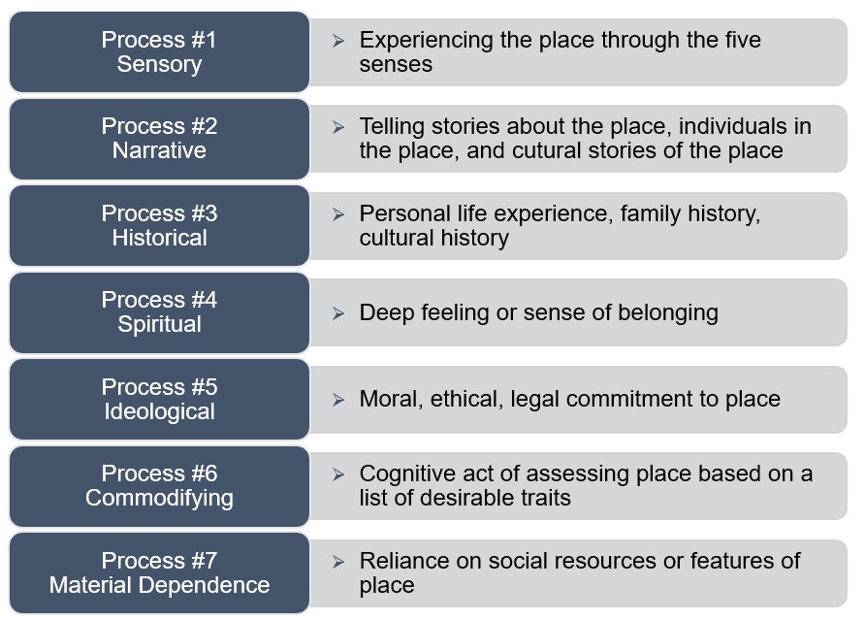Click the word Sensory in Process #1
pyautogui.click(x=159, y=65)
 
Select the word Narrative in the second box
pyautogui.click(x=159, y=150)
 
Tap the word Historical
pyautogui.click(x=159, y=238)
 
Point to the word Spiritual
pyautogui.click(x=159, y=324)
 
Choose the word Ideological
pyautogui.click(x=159, y=411)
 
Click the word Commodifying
pyautogui.click(x=159, y=498)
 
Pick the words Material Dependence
pyautogui.click(x=159, y=585)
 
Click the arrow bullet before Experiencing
pyautogui.click(x=338, y=41)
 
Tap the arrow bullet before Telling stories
pyautogui.click(x=338, y=127)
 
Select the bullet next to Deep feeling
pyautogui.click(x=338, y=313)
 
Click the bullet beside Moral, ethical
pyautogui.click(x=338, y=399)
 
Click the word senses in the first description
pyautogui.click(x=396, y=65)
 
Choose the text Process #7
pyautogui.click(x=159, y=561)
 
